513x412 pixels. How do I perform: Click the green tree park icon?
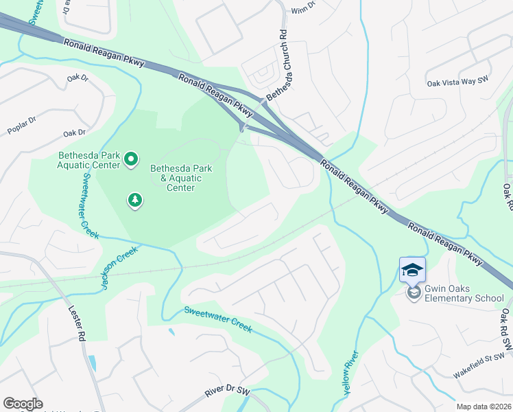[135, 201]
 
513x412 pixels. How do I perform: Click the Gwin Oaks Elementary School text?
[464, 293]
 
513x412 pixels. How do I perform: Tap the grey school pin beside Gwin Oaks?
[413, 293]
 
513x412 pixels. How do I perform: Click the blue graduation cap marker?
[412, 269]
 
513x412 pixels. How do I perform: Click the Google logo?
[23, 404]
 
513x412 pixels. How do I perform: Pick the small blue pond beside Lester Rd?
[92, 363]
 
